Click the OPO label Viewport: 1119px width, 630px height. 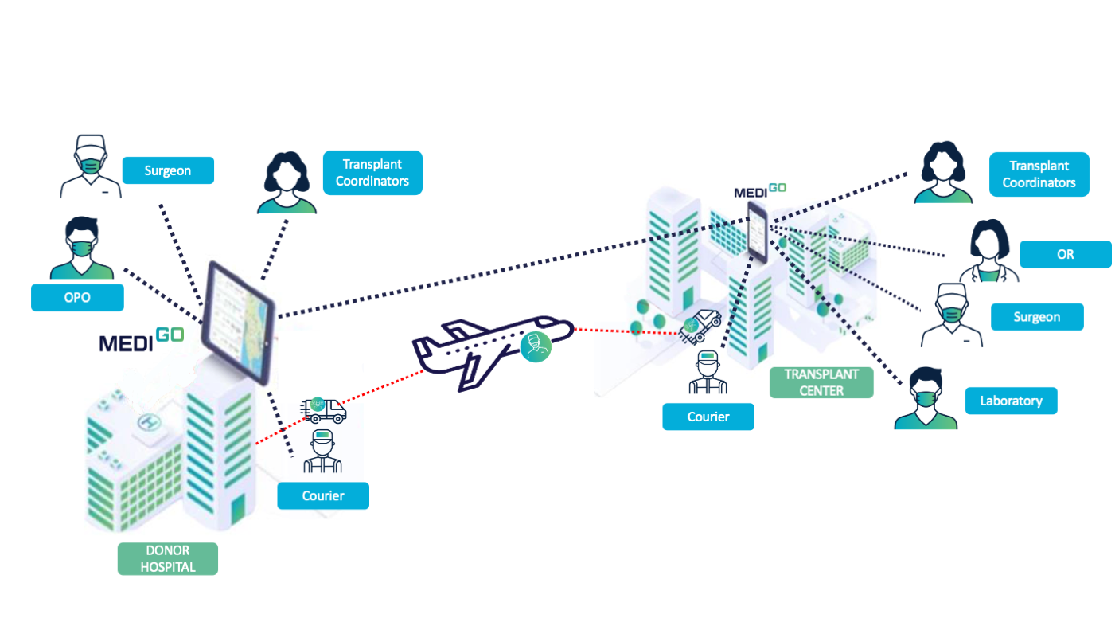pyautogui.click(x=77, y=297)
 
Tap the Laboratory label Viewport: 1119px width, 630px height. pyautogui.click(x=1011, y=401)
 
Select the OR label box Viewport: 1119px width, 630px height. pyautogui.click(x=1065, y=254)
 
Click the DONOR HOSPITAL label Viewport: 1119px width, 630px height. pyautogui.click(x=167, y=558)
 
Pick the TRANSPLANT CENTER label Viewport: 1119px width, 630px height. pyautogui.click(x=821, y=382)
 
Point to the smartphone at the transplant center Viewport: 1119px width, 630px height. pyautogui.click(x=758, y=231)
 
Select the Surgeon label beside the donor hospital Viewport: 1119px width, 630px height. pyautogui.click(x=168, y=170)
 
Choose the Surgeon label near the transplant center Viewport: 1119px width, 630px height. pyautogui.click(x=1036, y=317)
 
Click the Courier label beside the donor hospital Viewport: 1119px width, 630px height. pyautogui.click(x=323, y=495)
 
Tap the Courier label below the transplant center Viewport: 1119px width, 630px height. pyautogui.click(x=708, y=417)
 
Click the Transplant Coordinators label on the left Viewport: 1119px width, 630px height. pyautogui.click(x=372, y=173)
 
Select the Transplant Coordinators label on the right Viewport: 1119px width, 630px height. pyautogui.click(x=1039, y=174)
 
